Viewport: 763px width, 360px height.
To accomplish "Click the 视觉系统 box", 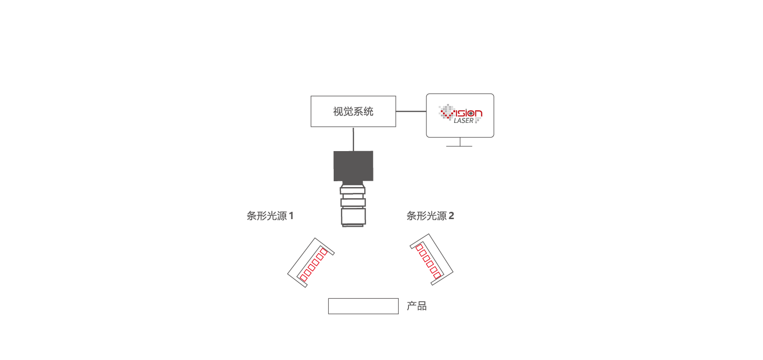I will (x=353, y=112).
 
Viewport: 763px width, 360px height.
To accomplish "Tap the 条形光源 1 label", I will (x=270, y=216).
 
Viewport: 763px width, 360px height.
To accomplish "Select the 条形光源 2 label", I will (x=430, y=216).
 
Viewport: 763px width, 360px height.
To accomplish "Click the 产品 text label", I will (x=416, y=306).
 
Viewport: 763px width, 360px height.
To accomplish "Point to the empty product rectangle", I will (x=363, y=306).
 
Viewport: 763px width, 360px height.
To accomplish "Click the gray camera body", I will (x=353, y=166).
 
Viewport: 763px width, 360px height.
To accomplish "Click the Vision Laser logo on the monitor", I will (x=460, y=114).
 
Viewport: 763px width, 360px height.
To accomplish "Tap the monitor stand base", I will (x=459, y=146).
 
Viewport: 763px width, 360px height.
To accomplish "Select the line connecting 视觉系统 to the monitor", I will (x=411, y=111).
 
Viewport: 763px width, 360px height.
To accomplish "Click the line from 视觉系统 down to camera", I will (x=353, y=138).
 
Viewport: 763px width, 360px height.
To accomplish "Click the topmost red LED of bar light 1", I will (x=324, y=251).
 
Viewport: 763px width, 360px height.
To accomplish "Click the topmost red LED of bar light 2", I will (x=419, y=247).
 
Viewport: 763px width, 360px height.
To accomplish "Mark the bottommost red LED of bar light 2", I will (x=437, y=275).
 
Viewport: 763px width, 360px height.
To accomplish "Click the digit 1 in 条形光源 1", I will (x=291, y=216).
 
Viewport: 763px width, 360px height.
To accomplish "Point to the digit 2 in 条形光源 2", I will (x=451, y=216).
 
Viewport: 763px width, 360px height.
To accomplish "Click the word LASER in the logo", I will (x=463, y=120).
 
